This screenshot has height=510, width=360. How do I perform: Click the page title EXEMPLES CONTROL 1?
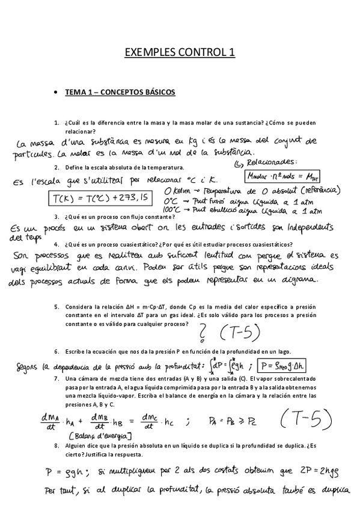pyautogui.click(x=180, y=53)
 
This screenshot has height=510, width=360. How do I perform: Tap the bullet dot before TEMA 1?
pyautogui.click(x=55, y=93)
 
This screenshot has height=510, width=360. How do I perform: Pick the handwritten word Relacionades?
pyautogui.click(x=266, y=162)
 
